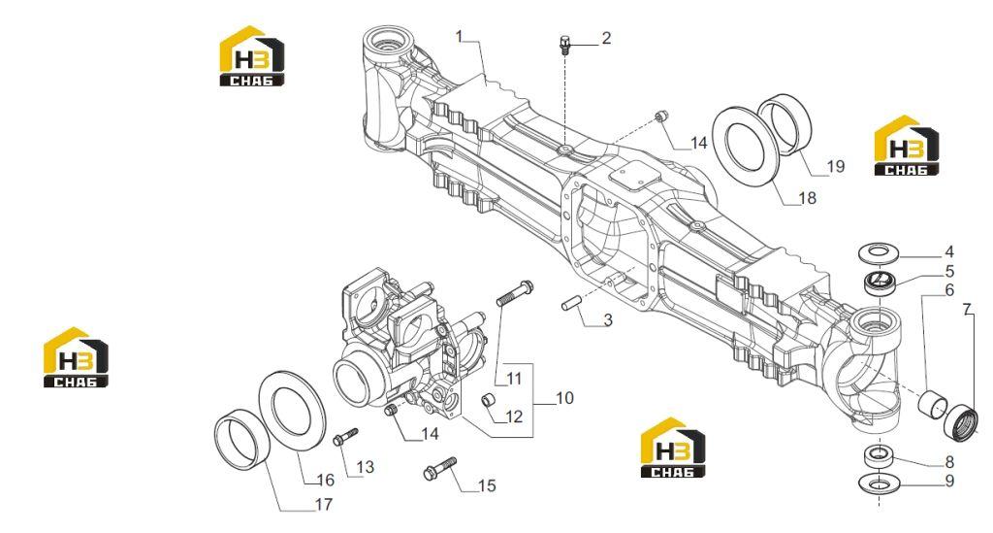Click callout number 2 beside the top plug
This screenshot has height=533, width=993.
click(x=606, y=38)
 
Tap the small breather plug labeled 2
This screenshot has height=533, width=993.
click(x=564, y=46)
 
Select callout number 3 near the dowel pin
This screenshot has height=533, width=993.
click(x=607, y=319)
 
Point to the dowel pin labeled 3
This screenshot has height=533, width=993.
click(x=571, y=303)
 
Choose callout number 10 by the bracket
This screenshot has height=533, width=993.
click(x=565, y=398)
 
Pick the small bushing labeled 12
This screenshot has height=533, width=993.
click(x=490, y=402)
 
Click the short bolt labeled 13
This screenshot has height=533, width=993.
click(x=346, y=436)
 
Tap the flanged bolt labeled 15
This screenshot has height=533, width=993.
click(x=439, y=468)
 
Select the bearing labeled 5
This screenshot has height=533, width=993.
click(x=879, y=281)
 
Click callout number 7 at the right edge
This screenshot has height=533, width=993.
click(x=967, y=310)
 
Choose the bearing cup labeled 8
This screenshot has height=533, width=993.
click(x=879, y=455)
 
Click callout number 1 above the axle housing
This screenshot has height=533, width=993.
click(x=460, y=36)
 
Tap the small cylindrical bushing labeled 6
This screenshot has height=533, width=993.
click(x=934, y=402)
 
